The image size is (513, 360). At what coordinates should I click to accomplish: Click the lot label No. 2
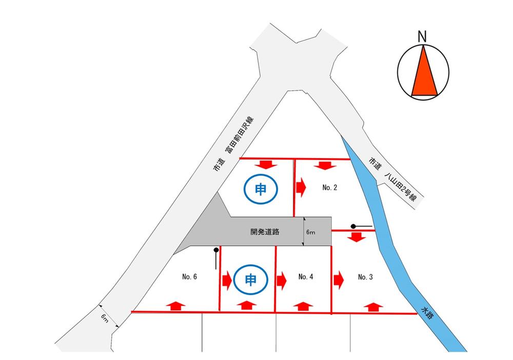click(329, 187)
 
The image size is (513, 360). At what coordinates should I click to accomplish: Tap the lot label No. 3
click(365, 277)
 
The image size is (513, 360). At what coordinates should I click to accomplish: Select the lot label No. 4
click(306, 276)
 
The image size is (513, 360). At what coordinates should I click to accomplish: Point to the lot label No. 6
click(189, 276)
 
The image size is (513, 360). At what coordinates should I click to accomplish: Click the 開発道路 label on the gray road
click(265, 232)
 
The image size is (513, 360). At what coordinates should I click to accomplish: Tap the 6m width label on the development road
click(310, 232)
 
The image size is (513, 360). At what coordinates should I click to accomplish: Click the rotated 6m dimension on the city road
click(104, 317)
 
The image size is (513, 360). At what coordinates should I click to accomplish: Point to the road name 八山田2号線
click(401, 186)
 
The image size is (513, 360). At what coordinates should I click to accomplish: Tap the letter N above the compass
click(422, 36)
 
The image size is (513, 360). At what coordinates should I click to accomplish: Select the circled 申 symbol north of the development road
click(261, 189)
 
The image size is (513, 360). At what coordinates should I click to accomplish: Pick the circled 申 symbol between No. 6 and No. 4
click(251, 279)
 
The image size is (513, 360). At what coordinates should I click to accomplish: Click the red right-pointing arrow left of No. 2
click(301, 187)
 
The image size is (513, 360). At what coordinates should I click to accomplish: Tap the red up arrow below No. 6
click(175, 306)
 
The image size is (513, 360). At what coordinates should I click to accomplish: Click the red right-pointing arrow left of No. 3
click(339, 280)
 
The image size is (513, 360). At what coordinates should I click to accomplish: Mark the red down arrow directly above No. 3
click(357, 237)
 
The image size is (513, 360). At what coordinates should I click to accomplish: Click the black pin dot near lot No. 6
click(216, 250)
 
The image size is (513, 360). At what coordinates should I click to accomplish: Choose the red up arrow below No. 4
click(303, 306)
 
